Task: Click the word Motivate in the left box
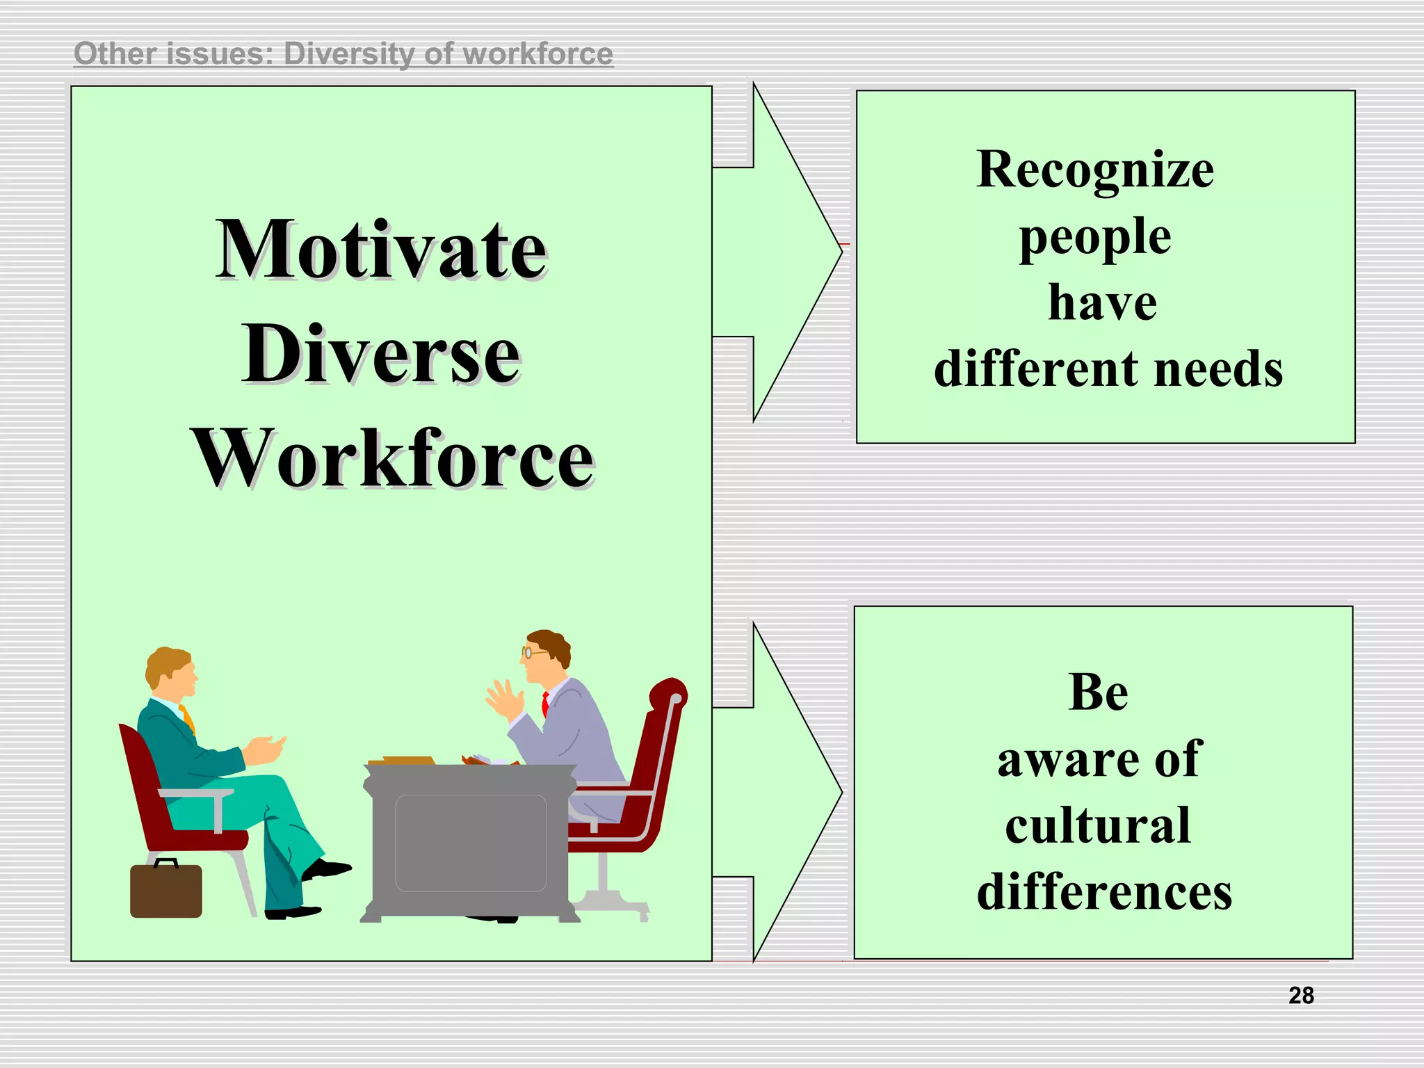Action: (x=381, y=250)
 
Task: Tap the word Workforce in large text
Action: (x=393, y=459)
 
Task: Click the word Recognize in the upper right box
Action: (x=1095, y=170)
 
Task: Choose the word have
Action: (x=1102, y=303)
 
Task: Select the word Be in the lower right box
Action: (x=1098, y=693)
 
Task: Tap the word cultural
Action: (x=1098, y=826)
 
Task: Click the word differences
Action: (x=1104, y=893)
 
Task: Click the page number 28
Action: (x=1301, y=996)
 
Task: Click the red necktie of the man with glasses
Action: (x=546, y=704)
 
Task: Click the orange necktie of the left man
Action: (x=188, y=718)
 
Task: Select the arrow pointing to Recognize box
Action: (x=779, y=252)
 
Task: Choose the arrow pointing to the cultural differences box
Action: (x=779, y=792)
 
